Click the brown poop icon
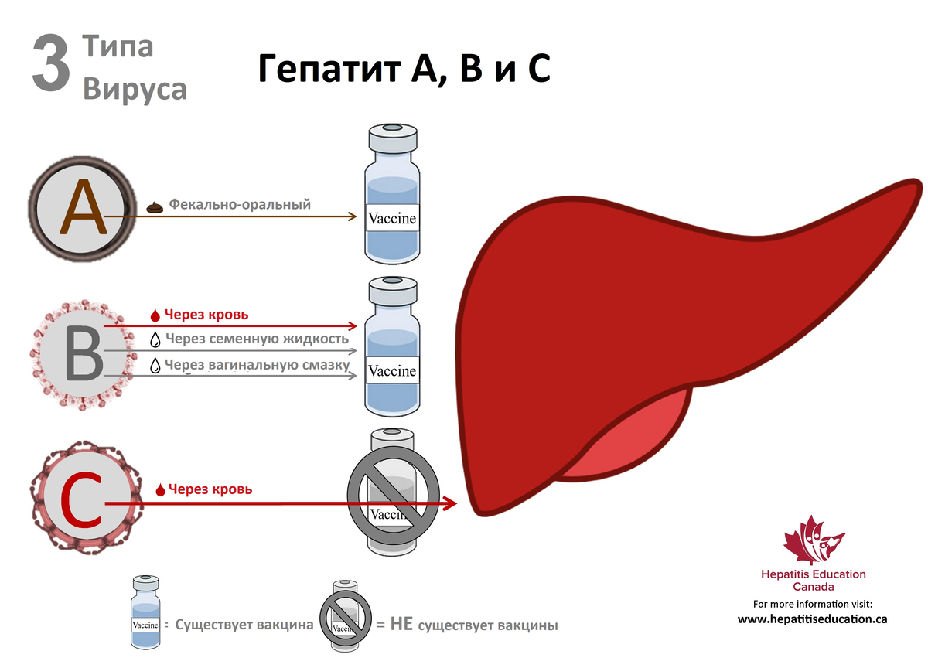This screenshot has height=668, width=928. point(155,206)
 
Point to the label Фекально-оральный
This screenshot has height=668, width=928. point(240,205)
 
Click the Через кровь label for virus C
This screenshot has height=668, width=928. point(210,489)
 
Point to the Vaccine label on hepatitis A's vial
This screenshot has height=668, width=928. point(392,219)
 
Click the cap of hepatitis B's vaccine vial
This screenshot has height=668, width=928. point(392,290)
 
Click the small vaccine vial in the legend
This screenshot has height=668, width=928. point(145,611)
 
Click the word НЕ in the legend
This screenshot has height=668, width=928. point(401,625)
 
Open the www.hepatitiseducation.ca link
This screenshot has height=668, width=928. point(812,619)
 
